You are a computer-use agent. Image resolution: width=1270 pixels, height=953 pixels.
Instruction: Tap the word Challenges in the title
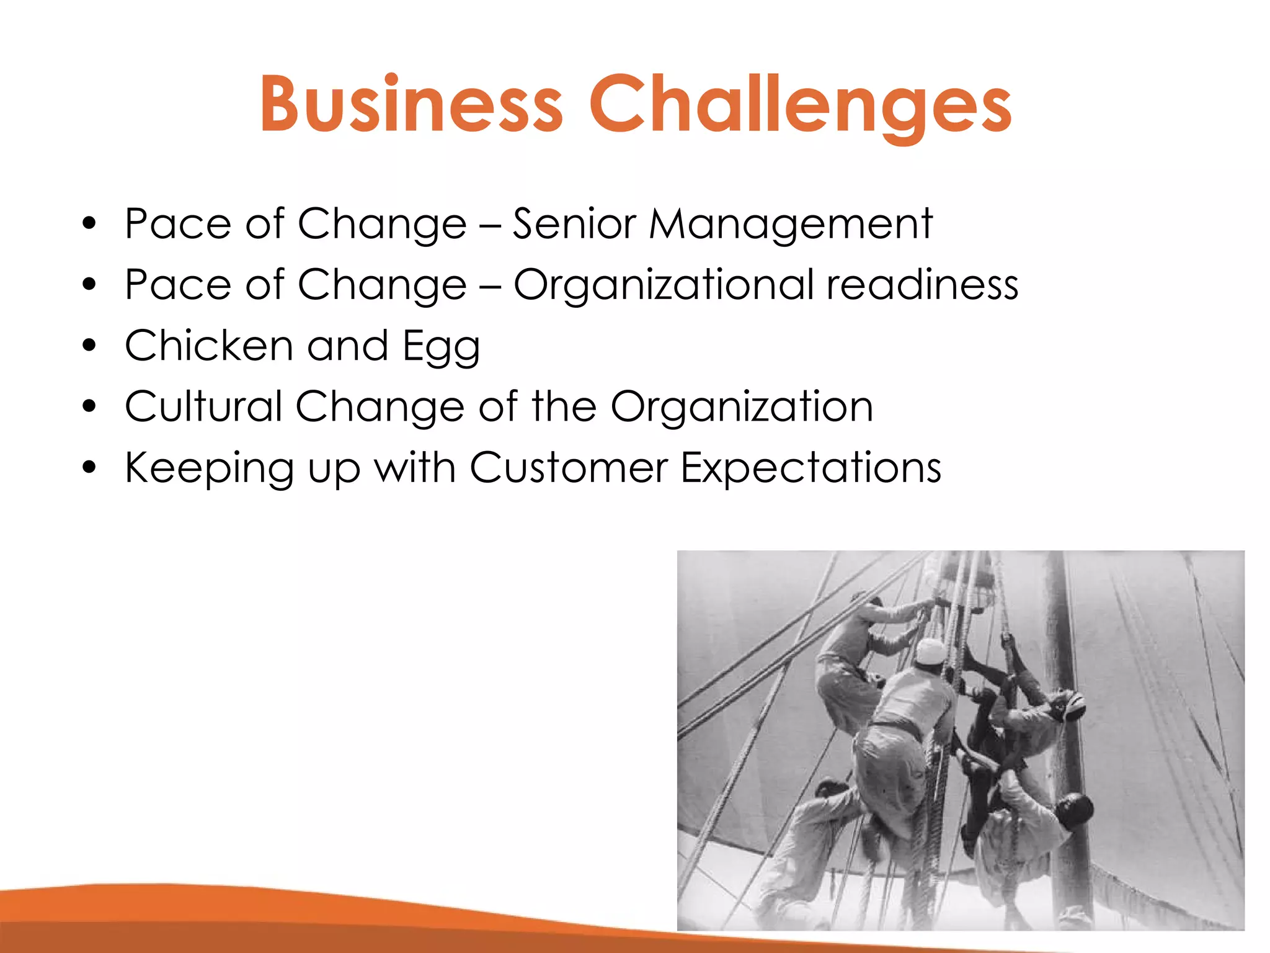pyautogui.click(x=800, y=105)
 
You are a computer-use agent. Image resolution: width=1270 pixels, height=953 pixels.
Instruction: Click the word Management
pyautogui.click(x=790, y=225)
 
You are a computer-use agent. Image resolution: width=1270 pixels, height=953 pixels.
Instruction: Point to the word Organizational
pyautogui.click(x=664, y=285)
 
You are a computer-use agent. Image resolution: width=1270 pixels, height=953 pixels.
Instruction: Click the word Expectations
pyautogui.click(x=810, y=468)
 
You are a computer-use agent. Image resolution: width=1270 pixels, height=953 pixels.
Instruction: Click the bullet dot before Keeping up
pyautogui.click(x=90, y=467)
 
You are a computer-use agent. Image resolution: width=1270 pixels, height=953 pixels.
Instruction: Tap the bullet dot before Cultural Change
pyautogui.click(x=90, y=406)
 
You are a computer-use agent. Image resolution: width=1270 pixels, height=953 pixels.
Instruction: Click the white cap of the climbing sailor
pyautogui.click(x=930, y=651)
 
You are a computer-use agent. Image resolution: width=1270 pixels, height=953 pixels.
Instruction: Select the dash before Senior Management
pyautogui.click(x=490, y=225)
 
